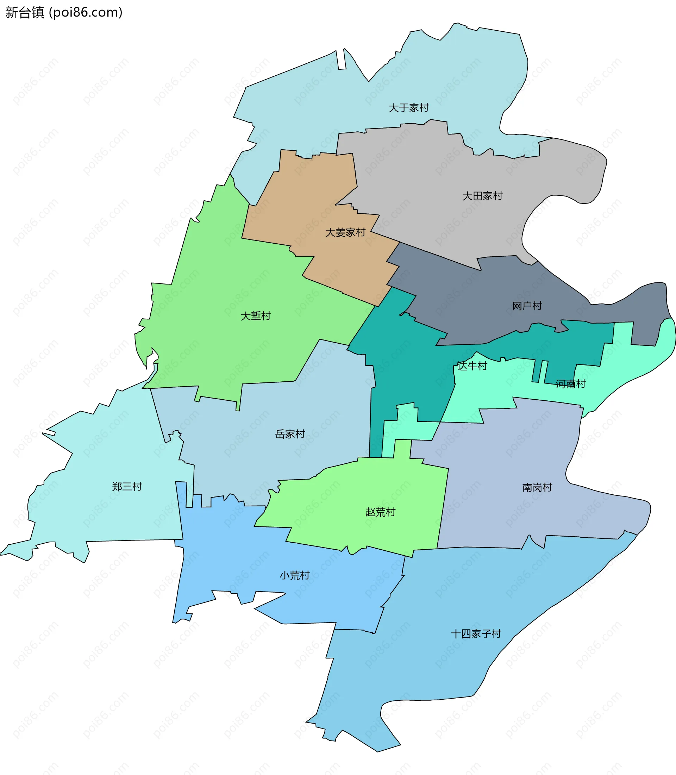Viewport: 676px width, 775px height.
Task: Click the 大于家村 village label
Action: pyautogui.click(x=408, y=108)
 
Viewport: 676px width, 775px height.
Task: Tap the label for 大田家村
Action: pyautogui.click(x=482, y=196)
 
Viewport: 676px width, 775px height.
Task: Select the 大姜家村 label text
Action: pyautogui.click(x=345, y=232)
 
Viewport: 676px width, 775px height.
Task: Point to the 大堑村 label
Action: pyautogui.click(x=256, y=316)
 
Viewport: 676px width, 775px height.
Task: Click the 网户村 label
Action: pyautogui.click(x=527, y=306)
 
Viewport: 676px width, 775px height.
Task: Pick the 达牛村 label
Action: pyautogui.click(x=472, y=366)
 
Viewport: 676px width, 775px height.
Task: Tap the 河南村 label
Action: pyautogui.click(x=570, y=384)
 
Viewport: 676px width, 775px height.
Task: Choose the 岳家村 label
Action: pyautogui.click(x=290, y=434)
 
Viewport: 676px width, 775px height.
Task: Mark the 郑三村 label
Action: pyautogui.click(x=127, y=487)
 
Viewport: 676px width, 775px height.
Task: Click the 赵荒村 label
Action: pyautogui.click(x=380, y=512)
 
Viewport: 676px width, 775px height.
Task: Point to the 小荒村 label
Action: pyautogui.click(x=295, y=575)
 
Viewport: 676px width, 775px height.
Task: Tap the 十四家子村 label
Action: pyautogui.click(x=476, y=634)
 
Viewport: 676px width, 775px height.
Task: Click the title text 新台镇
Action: pyautogui.click(x=25, y=12)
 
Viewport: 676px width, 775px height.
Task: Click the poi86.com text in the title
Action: pyautogui.click(x=86, y=12)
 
